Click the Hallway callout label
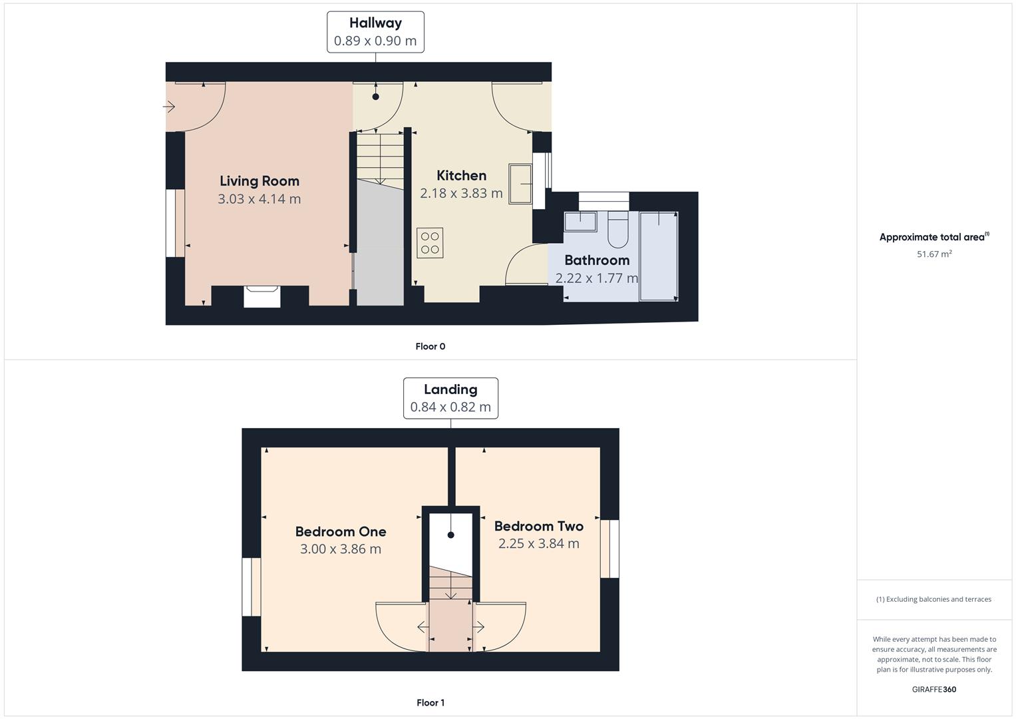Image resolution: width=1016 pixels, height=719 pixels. tap(375, 23)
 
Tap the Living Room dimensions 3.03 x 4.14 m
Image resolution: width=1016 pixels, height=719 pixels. tap(259, 199)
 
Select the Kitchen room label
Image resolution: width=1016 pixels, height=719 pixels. tap(461, 175)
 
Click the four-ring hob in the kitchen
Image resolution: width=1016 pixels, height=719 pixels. tap(430, 243)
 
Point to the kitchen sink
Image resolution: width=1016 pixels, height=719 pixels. tap(520, 184)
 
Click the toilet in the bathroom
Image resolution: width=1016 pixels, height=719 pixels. tap(617, 229)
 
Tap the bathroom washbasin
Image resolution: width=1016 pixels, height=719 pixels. tap(580, 222)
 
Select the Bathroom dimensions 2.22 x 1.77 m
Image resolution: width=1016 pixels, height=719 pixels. tap(596, 278)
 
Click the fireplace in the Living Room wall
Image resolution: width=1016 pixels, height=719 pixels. tap(261, 296)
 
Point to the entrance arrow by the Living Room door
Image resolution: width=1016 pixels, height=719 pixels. tap(169, 107)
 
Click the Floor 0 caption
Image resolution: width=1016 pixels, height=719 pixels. tap(430, 346)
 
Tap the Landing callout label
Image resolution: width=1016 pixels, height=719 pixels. tap(450, 389)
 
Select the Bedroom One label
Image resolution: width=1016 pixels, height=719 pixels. tap(341, 531)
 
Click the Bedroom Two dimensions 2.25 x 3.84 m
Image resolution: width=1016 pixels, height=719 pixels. tap(539, 543)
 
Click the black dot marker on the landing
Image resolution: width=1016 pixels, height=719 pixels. tap(451, 535)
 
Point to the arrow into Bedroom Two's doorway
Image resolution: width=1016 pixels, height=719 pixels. tap(478, 627)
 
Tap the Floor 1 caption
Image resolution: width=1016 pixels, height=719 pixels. tap(430, 702)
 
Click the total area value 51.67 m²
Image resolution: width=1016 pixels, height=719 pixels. tap(934, 254)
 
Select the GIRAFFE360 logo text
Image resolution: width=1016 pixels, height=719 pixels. tap(934, 689)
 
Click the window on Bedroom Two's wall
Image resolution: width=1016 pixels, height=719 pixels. tap(610, 549)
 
